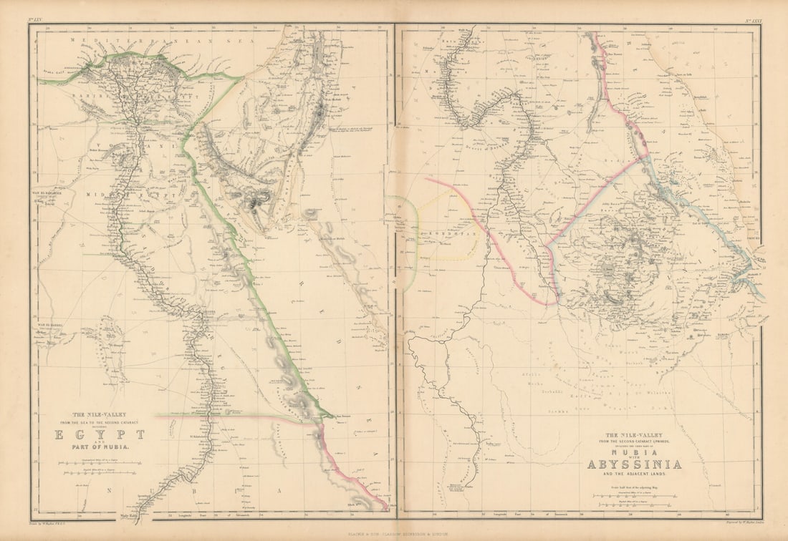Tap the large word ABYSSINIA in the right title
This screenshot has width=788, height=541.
tap(634, 464)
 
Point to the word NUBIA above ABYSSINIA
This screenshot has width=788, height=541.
tap(634, 452)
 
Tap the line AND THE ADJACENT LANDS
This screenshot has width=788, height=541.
tap(634, 474)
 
